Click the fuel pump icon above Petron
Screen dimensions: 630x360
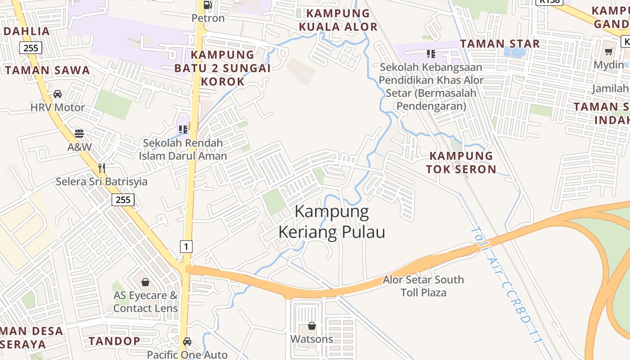pos(208,5)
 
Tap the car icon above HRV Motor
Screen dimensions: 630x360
pos(58,94)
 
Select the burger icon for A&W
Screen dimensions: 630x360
pos(79,134)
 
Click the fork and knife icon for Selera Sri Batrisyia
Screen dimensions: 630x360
pos(102,168)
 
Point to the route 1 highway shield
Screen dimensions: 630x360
pos(186,246)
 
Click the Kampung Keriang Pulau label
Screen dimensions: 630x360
pos(332,222)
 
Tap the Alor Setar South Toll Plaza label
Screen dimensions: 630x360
pos(423,286)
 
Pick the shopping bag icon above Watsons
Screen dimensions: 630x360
pos(312,325)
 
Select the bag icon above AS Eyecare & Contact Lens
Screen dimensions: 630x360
pos(145,282)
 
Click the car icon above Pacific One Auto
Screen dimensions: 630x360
pos(187,342)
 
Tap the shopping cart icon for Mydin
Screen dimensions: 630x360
pos(609,52)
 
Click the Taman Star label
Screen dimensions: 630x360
pos(499,44)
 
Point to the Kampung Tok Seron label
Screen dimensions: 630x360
pos(461,162)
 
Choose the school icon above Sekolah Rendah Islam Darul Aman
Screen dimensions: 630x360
pos(183,130)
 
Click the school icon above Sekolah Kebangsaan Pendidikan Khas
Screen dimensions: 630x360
pos(431,54)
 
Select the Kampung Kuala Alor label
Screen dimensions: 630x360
pos(338,20)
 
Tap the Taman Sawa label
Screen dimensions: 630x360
pos(48,70)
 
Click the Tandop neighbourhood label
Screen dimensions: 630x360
pos(114,341)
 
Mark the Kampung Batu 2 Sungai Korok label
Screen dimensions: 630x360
pos(222,68)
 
